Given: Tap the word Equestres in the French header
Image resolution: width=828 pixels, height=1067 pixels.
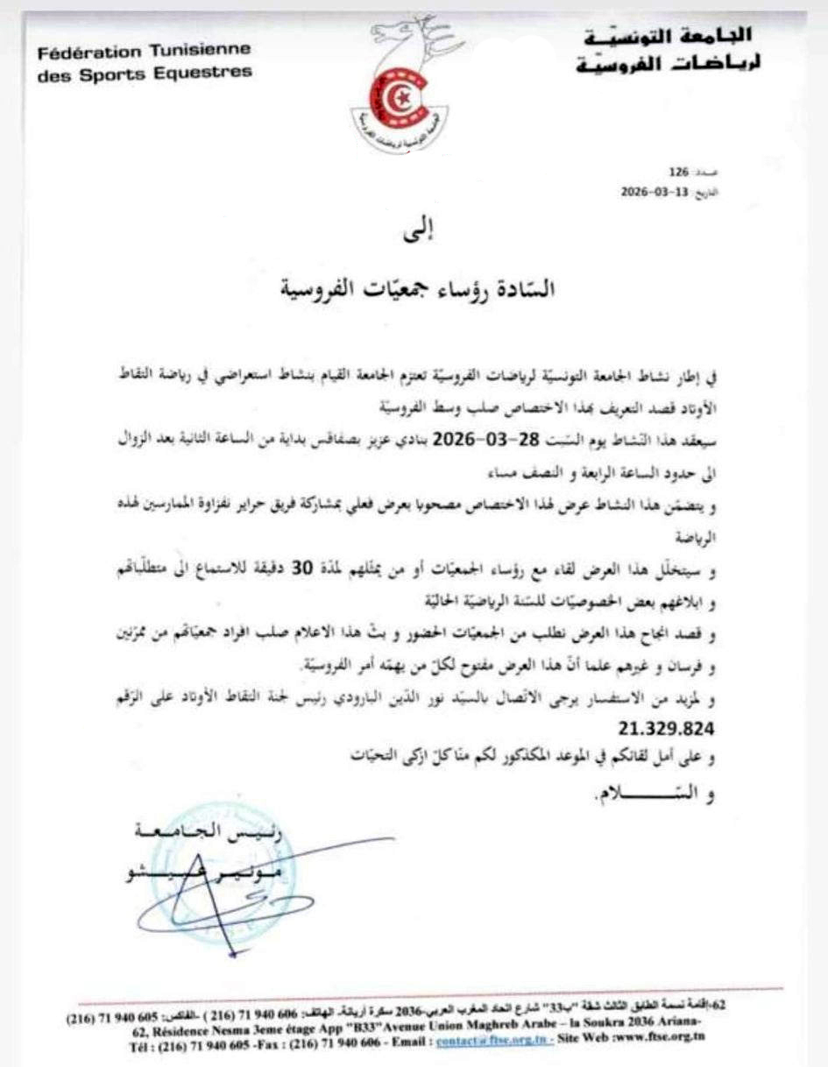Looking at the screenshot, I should click(207, 73).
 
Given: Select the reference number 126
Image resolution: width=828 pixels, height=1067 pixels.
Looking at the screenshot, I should click(680, 172).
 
